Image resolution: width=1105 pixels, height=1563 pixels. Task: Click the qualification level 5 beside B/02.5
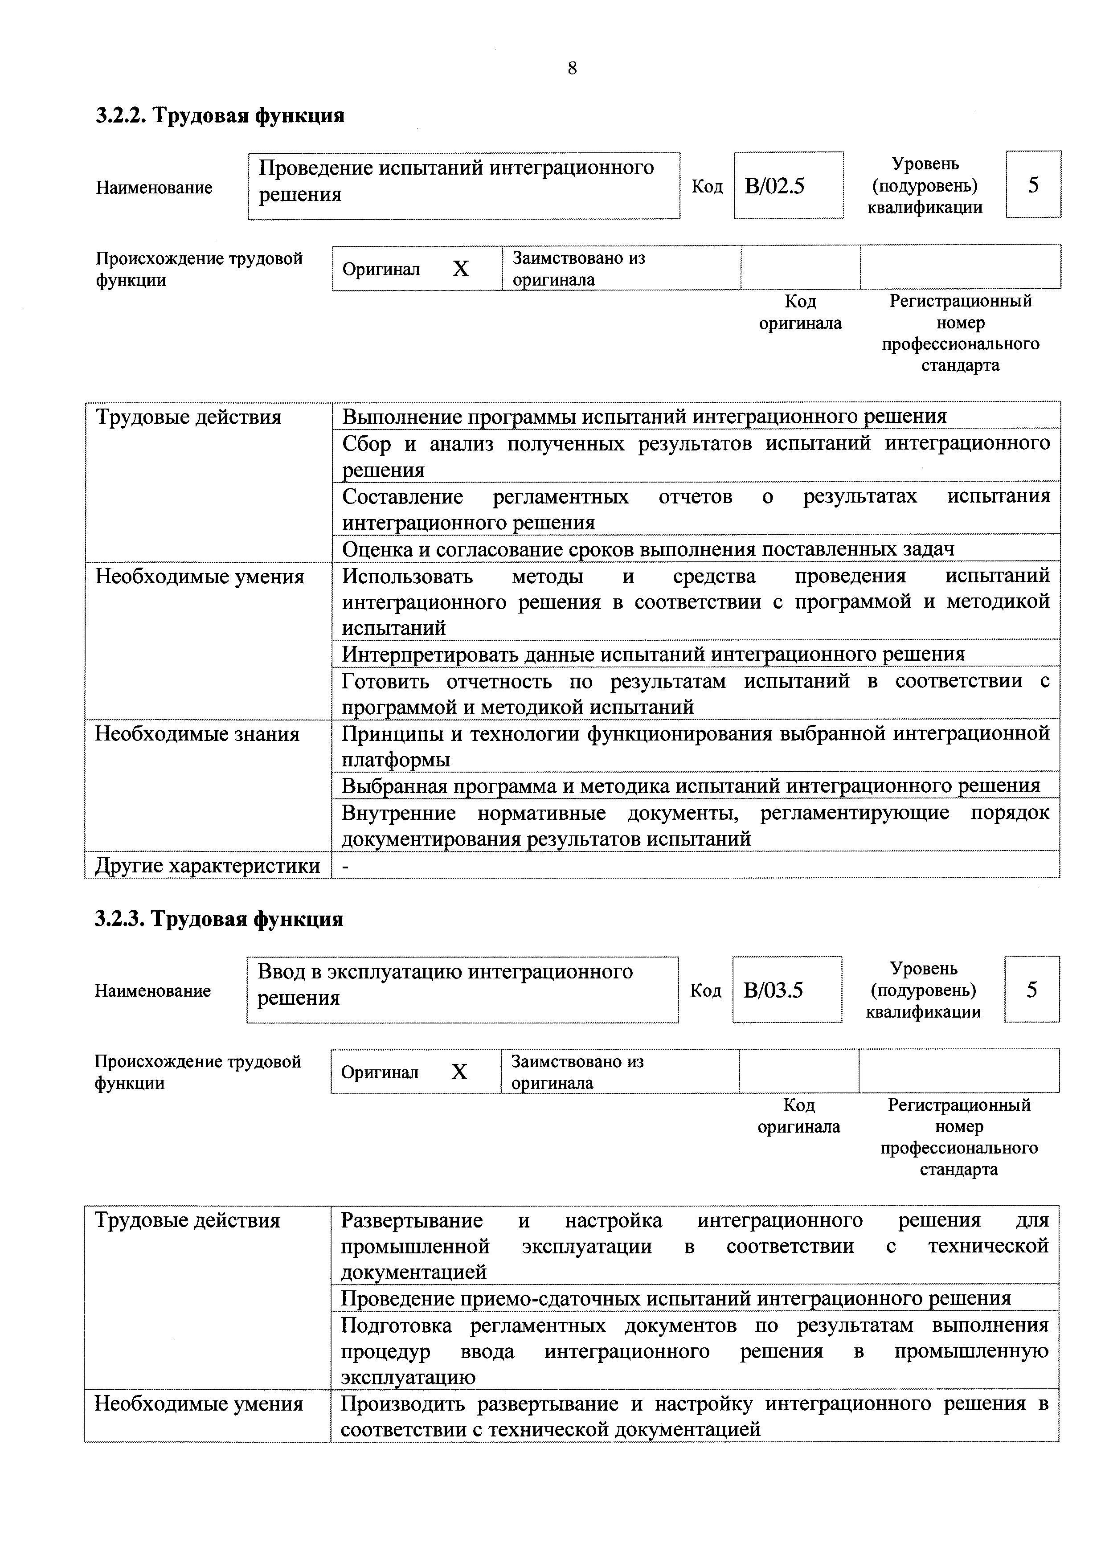point(1033,185)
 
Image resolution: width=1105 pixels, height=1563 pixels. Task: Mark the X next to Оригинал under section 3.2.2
point(461,270)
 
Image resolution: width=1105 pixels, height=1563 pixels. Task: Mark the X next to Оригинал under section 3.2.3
point(459,1073)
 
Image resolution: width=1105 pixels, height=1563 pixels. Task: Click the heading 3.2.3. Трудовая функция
point(218,919)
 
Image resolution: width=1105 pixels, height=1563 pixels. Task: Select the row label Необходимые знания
point(197,735)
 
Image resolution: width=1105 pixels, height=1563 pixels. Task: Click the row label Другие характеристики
point(207,866)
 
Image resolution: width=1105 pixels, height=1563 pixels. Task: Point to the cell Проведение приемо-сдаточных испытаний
point(675,1299)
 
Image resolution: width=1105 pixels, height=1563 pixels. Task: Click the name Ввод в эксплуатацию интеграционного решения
point(445,984)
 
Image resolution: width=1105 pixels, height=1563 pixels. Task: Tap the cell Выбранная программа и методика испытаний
point(690,786)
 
